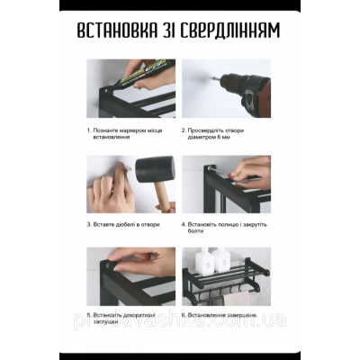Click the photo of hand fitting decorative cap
click(131, 274)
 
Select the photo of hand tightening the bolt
click(226, 184)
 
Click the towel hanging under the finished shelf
click(236, 295)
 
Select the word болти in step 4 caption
click(193, 230)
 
